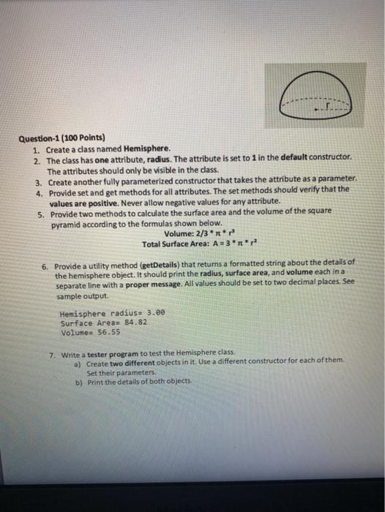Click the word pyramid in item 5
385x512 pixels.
click(x=65, y=219)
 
